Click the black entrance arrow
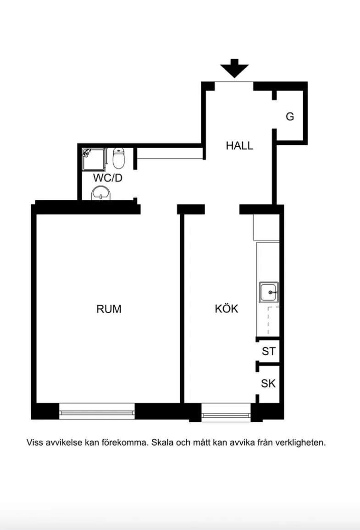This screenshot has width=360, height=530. coord(234,68)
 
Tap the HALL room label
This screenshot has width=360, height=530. coord(239,146)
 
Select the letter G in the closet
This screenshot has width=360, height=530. coord(290,116)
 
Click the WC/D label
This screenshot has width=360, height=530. coord(107,178)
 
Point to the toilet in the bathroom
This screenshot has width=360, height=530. coord(119,158)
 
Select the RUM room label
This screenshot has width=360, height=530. coord(109,309)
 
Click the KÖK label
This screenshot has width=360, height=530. coord(227,309)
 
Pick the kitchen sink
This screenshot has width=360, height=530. coord(269,292)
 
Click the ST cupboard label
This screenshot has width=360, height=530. coord(269,352)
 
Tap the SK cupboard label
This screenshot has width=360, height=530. coord(268,384)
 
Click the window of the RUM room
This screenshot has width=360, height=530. coord(97,411)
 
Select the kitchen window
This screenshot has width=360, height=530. coord(226,412)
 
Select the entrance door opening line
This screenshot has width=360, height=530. coord(234,82)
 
